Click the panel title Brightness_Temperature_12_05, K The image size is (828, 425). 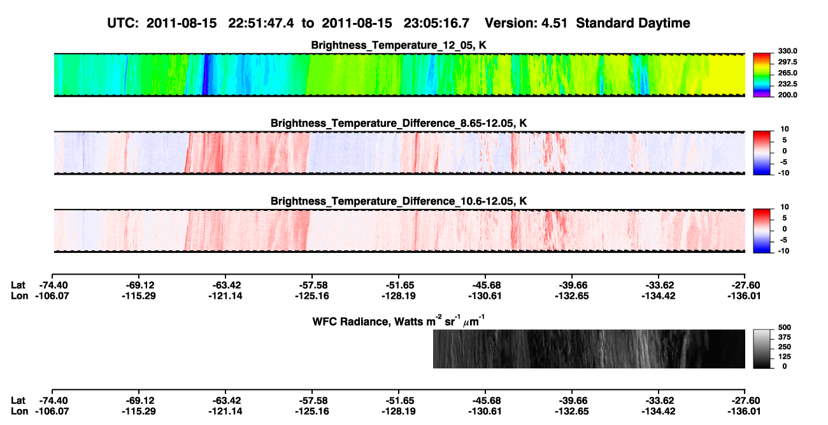(x=399, y=45)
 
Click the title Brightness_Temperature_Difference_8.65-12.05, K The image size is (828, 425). (x=399, y=123)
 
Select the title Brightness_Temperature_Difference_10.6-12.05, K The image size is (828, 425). (x=399, y=201)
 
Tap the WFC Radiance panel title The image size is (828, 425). (x=399, y=321)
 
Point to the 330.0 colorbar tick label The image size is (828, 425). (x=787, y=51)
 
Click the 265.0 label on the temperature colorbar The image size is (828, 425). (x=787, y=73)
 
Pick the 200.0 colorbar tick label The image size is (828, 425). (x=787, y=95)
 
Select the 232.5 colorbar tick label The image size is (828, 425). (x=787, y=84)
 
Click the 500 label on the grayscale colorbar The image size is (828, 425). (x=785, y=328)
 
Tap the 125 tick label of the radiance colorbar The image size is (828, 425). (x=785, y=357)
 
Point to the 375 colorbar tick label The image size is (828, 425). (x=785, y=337)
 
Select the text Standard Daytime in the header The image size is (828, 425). (x=633, y=23)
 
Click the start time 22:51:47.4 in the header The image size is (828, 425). (x=261, y=23)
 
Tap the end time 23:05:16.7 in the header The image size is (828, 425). (x=436, y=23)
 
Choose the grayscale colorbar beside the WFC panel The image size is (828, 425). (x=762, y=349)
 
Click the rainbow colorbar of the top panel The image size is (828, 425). (x=762, y=75)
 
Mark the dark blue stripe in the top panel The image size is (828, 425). (x=206, y=75)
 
